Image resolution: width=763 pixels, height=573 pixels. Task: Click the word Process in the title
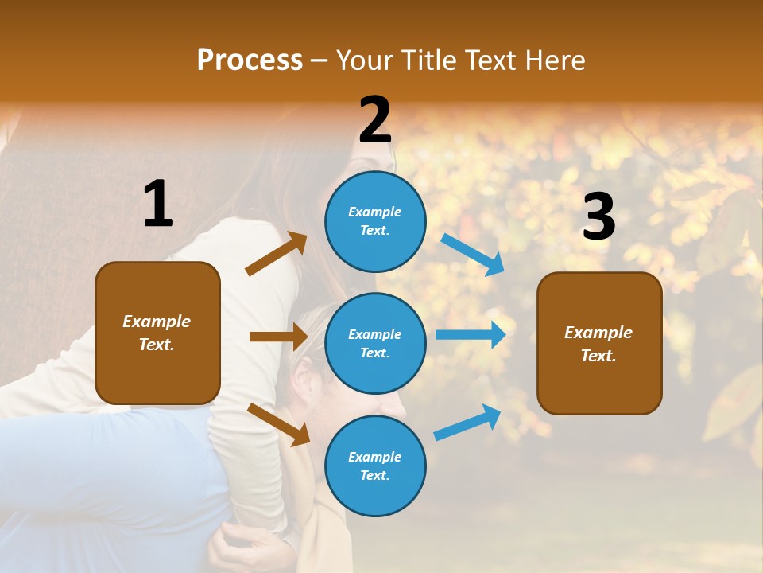(x=250, y=60)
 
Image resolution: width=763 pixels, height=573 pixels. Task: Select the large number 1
(x=158, y=205)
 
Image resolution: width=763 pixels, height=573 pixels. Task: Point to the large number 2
(x=375, y=120)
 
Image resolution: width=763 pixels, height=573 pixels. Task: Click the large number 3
(x=598, y=217)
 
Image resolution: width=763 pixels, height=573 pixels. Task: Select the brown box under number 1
(x=157, y=333)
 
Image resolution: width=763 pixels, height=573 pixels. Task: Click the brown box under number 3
(x=599, y=343)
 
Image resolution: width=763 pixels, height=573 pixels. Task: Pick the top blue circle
(x=375, y=221)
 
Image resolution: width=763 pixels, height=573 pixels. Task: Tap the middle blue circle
(x=375, y=343)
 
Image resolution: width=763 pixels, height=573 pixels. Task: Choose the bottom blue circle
(x=375, y=466)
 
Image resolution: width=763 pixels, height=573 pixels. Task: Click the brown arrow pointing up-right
(x=277, y=254)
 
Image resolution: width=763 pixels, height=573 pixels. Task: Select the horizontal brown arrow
(x=278, y=337)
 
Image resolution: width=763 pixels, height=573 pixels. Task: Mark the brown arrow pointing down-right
(x=278, y=424)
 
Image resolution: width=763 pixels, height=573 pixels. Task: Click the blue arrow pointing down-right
(x=472, y=254)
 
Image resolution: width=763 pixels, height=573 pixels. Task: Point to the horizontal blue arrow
(x=471, y=335)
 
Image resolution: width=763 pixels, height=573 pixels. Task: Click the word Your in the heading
(x=365, y=60)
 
